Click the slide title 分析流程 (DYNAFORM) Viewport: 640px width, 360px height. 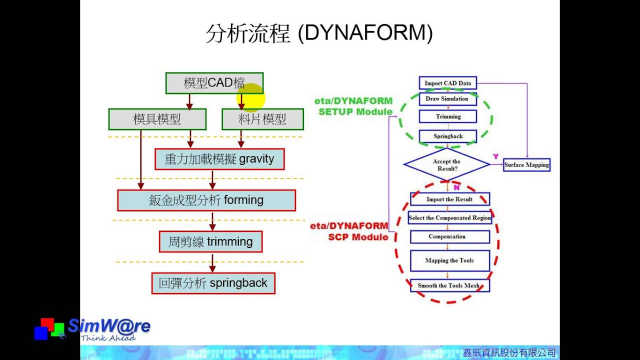point(319,34)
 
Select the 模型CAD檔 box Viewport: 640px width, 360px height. point(214,83)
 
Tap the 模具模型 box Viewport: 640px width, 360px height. point(157,119)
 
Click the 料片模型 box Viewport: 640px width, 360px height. point(262,119)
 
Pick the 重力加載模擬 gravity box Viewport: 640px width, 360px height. point(219,159)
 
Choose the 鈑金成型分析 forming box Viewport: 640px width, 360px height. point(206,200)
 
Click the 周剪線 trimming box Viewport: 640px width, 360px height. point(210,242)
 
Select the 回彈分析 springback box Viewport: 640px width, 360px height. point(213,283)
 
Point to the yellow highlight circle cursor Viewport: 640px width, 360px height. point(250,97)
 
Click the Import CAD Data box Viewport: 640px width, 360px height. point(447,83)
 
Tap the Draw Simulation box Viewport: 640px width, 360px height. point(447,99)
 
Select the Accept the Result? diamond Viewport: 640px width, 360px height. point(446,164)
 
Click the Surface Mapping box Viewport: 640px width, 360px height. point(526,165)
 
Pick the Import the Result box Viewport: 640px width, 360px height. point(449,199)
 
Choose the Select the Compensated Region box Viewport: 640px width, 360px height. point(449,218)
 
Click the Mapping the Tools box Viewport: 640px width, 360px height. point(449,260)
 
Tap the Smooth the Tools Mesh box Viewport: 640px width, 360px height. point(449,285)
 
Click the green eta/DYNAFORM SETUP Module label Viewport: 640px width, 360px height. point(354,106)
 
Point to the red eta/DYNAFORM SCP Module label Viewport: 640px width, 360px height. point(350,231)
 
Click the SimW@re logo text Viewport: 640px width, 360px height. point(108,326)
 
